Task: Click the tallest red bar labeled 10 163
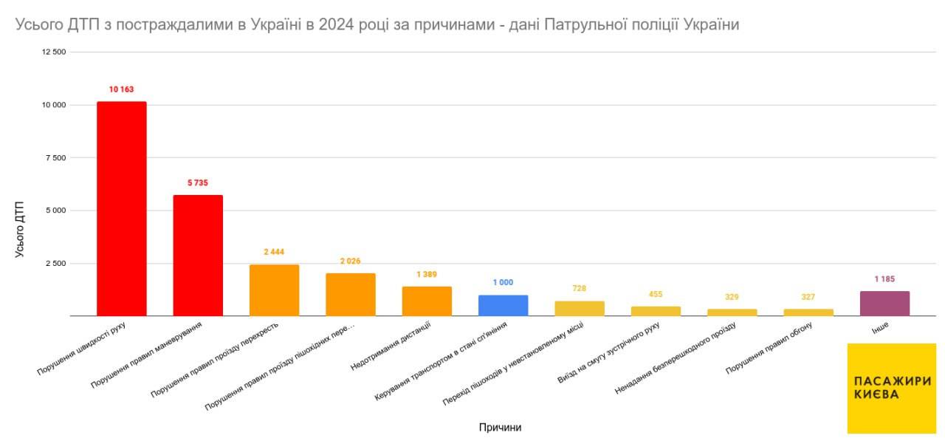click(x=121, y=208)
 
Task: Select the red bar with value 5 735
click(x=198, y=255)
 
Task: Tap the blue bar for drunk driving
click(x=503, y=305)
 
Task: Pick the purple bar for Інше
click(x=884, y=304)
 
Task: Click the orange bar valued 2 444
click(x=274, y=290)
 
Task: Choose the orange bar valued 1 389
click(x=427, y=301)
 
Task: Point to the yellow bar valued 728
click(x=580, y=308)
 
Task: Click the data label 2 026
click(x=350, y=261)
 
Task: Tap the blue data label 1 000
click(x=503, y=283)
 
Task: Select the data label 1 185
click(x=884, y=279)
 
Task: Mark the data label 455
click(x=656, y=294)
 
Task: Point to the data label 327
click(x=808, y=297)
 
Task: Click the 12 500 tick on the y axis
click(x=55, y=52)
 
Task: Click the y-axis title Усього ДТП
click(x=20, y=228)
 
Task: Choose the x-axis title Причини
click(x=500, y=428)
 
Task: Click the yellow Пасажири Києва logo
click(x=891, y=388)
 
